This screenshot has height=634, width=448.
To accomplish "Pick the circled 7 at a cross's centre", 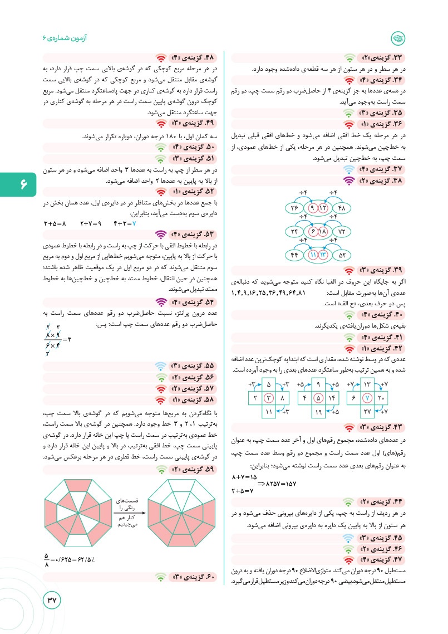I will coord(367,398).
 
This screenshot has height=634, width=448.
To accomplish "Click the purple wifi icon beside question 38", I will coord(348,181).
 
